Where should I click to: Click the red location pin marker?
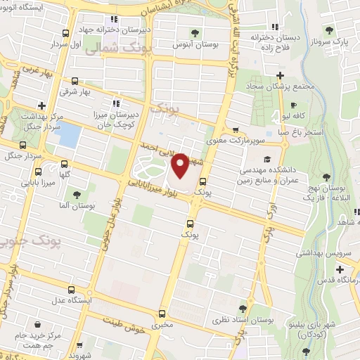pos(180,166)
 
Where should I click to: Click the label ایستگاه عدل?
pos(70,301)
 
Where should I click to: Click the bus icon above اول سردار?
pos(65,32)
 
